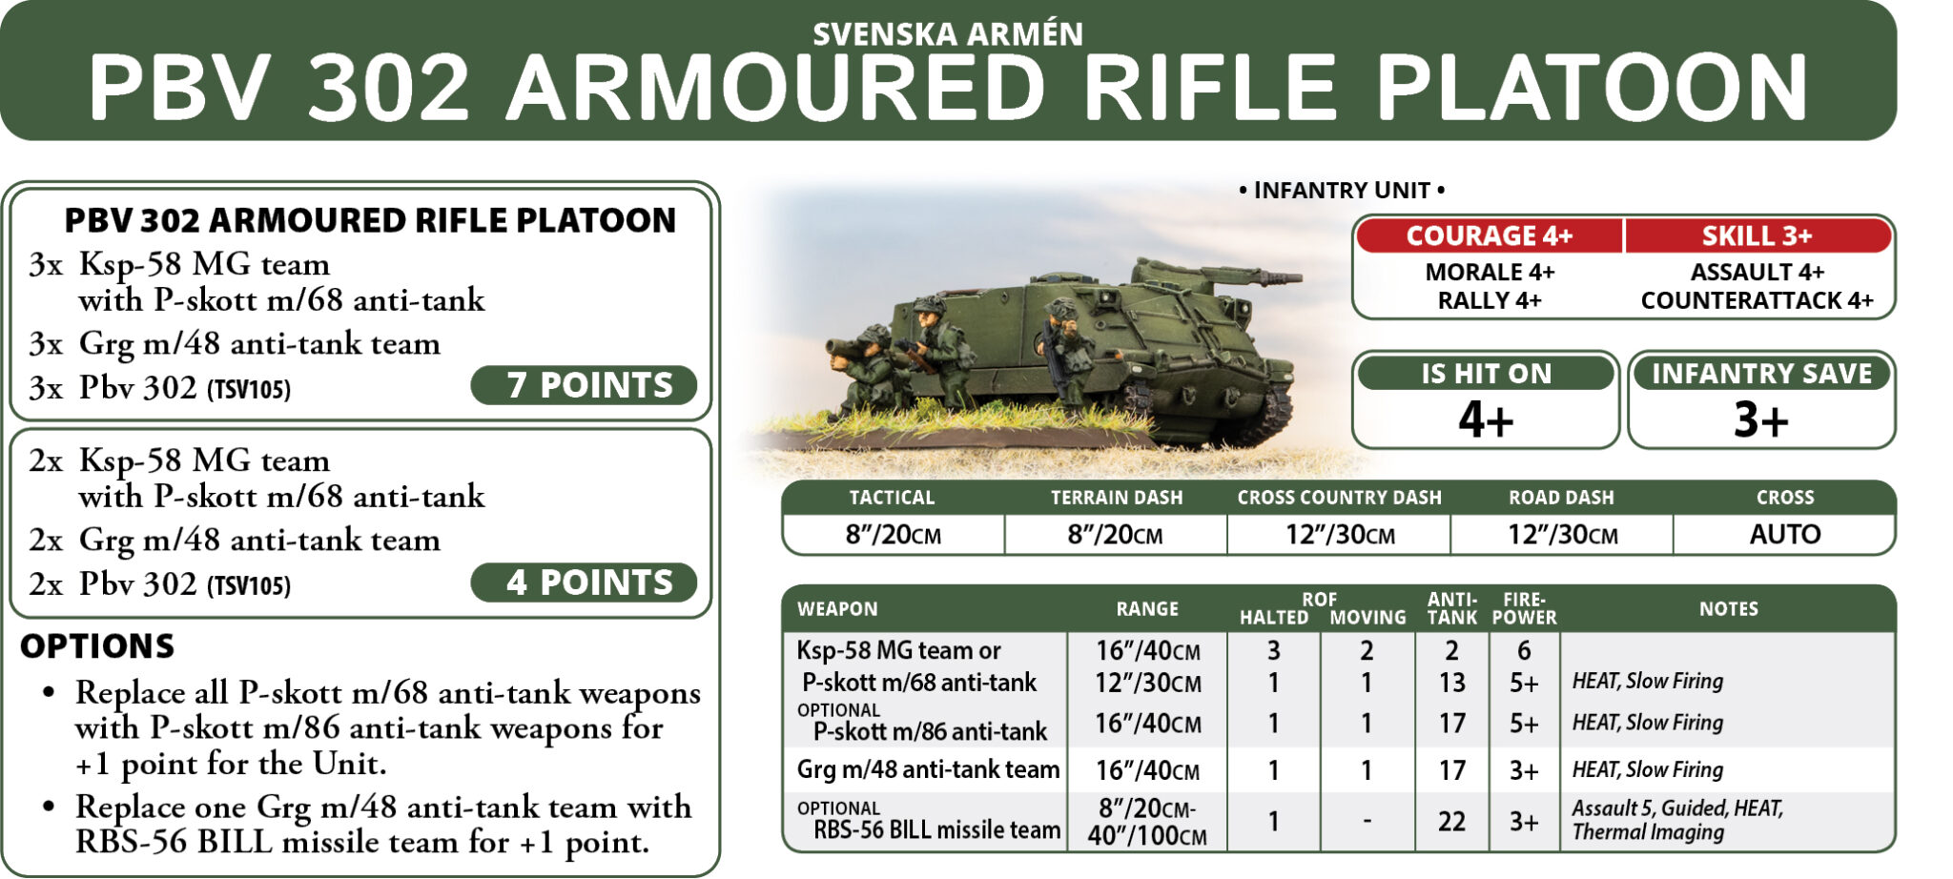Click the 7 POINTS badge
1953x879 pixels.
584,385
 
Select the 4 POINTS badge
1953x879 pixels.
584,583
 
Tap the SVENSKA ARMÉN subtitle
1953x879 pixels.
948,34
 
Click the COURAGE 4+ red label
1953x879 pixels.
1489,235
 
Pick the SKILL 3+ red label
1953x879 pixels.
1757,235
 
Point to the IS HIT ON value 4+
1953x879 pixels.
1486,419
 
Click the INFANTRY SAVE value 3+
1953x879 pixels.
1760,419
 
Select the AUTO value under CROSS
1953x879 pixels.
1784,534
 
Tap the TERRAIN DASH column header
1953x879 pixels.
1116,498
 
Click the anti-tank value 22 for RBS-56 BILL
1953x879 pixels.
1451,821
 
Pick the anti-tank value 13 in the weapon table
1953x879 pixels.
1451,683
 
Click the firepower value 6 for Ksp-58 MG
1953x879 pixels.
1524,650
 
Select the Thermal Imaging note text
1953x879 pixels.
1648,832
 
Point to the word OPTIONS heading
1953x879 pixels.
97,646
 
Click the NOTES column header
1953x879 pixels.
1728,609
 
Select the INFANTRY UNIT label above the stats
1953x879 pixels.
1342,191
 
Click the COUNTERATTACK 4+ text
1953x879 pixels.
1757,300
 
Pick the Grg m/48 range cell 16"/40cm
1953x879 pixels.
1147,770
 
